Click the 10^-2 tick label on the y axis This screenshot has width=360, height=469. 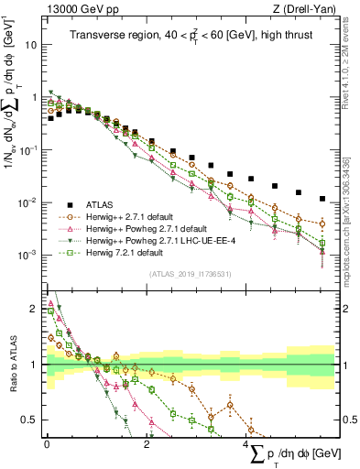[x=27, y=202]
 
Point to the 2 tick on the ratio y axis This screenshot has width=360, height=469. [x=34, y=309]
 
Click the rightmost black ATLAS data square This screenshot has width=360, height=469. [x=322, y=198]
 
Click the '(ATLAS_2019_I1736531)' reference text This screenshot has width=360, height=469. [x=190, y=273]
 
